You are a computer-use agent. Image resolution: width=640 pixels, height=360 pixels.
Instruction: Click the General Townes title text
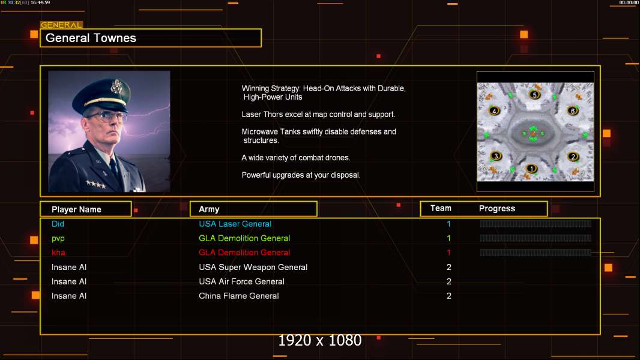click(x=91, y=38)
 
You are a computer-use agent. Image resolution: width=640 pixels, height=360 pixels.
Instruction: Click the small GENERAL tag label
click(x=61, y=25)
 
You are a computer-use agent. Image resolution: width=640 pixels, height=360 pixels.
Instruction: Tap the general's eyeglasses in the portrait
click(x=106, y=116)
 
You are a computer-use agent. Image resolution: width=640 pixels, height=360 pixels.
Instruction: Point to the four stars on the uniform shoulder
click(x=95, y=184)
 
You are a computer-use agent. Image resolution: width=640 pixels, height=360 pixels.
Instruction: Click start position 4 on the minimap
click(x=495, y=111)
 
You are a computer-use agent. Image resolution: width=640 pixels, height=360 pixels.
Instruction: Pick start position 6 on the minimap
click(x=573, y=111)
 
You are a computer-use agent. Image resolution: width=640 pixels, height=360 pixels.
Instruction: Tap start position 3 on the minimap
click(x=495, y=156)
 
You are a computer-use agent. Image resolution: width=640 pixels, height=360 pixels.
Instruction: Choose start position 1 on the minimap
click(x=531, y=168)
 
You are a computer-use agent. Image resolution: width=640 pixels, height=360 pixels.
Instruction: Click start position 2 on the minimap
click(x=573, y=157)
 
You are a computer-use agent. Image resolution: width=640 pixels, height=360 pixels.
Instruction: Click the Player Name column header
click(x=76, y=209)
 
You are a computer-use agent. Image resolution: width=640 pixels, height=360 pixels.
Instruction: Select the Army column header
click(x=209, y=209)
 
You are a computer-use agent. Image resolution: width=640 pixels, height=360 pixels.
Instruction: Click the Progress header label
click(x=497, y=209)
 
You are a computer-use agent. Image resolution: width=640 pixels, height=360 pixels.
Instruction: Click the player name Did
click(x=58, y=224)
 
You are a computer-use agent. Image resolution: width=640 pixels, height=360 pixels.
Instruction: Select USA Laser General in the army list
click(x=235, y=224)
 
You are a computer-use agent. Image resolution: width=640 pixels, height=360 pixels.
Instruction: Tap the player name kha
click(x=58, y=253)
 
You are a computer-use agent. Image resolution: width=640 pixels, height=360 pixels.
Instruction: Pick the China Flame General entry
click(x=239, y=296)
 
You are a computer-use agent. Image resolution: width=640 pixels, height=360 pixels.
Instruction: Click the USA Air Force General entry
click(x=242, y=281)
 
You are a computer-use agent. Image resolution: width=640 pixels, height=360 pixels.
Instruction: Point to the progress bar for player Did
click(x=536, y=224)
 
